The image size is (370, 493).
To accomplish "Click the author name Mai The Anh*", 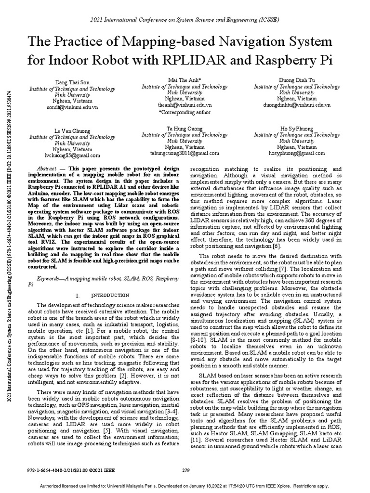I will click(x=184, y=80).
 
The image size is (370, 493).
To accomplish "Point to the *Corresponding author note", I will click(x=185, y=112).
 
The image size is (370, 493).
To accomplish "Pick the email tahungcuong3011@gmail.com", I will click(x=185, y=153).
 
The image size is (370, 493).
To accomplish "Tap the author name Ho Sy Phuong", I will click(x=296, y=130).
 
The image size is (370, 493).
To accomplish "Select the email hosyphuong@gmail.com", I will click(x=296, y=153).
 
